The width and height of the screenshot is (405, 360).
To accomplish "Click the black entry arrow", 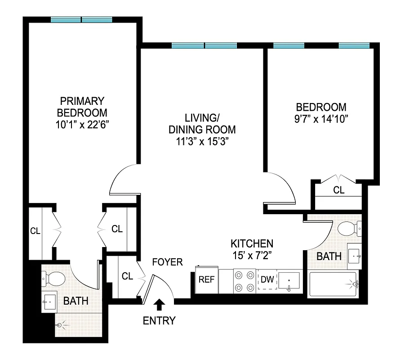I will point(159,306).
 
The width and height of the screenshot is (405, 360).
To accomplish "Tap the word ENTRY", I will point(159,321).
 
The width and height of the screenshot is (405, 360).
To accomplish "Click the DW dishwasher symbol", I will point(267,279).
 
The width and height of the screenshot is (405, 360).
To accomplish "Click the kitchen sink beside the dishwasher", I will point(289,281).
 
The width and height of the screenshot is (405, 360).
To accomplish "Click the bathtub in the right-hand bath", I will point(333,284).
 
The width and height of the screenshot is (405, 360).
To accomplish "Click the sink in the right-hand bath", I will point(355,256).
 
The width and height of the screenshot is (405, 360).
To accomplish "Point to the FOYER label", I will point(167,262).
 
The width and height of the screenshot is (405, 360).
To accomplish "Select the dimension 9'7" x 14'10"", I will point(321,119).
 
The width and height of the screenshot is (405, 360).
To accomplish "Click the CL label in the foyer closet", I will point(128,276).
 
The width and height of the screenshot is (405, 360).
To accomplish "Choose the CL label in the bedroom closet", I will point(338,190).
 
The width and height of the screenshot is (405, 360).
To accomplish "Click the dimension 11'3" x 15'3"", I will point(202,141).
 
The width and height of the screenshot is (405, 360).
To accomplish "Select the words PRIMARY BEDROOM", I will point(83,107).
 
